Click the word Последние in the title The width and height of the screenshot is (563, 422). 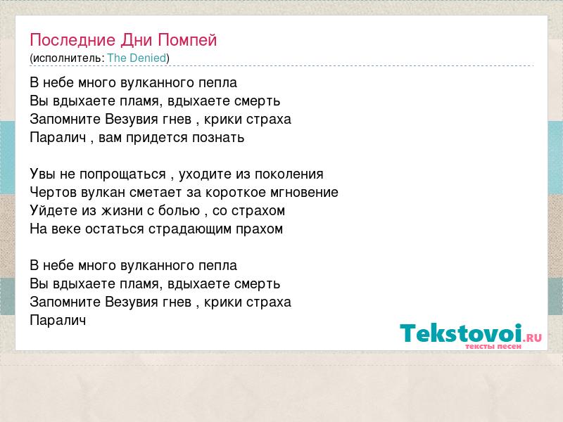(x=72, y=40)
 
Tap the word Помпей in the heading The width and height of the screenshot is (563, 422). (x=187, y=40)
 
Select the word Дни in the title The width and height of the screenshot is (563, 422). (x=137, y=40)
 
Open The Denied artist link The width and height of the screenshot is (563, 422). (x=137, y=58)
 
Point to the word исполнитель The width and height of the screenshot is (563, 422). (x=67, y=58)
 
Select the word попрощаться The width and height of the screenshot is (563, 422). (x=122, y=174)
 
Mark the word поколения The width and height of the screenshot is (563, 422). (x=289, y=174)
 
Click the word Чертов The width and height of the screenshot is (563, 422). (x=53, y=192)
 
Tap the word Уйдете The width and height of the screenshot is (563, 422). (x=53, y=210)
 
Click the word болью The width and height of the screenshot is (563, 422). (x=179, y=210)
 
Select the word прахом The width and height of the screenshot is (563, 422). (x=259, y=229)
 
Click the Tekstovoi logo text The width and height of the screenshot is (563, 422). (x=461, y=333)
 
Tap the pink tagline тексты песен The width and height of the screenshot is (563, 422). (x=493, y=346)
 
